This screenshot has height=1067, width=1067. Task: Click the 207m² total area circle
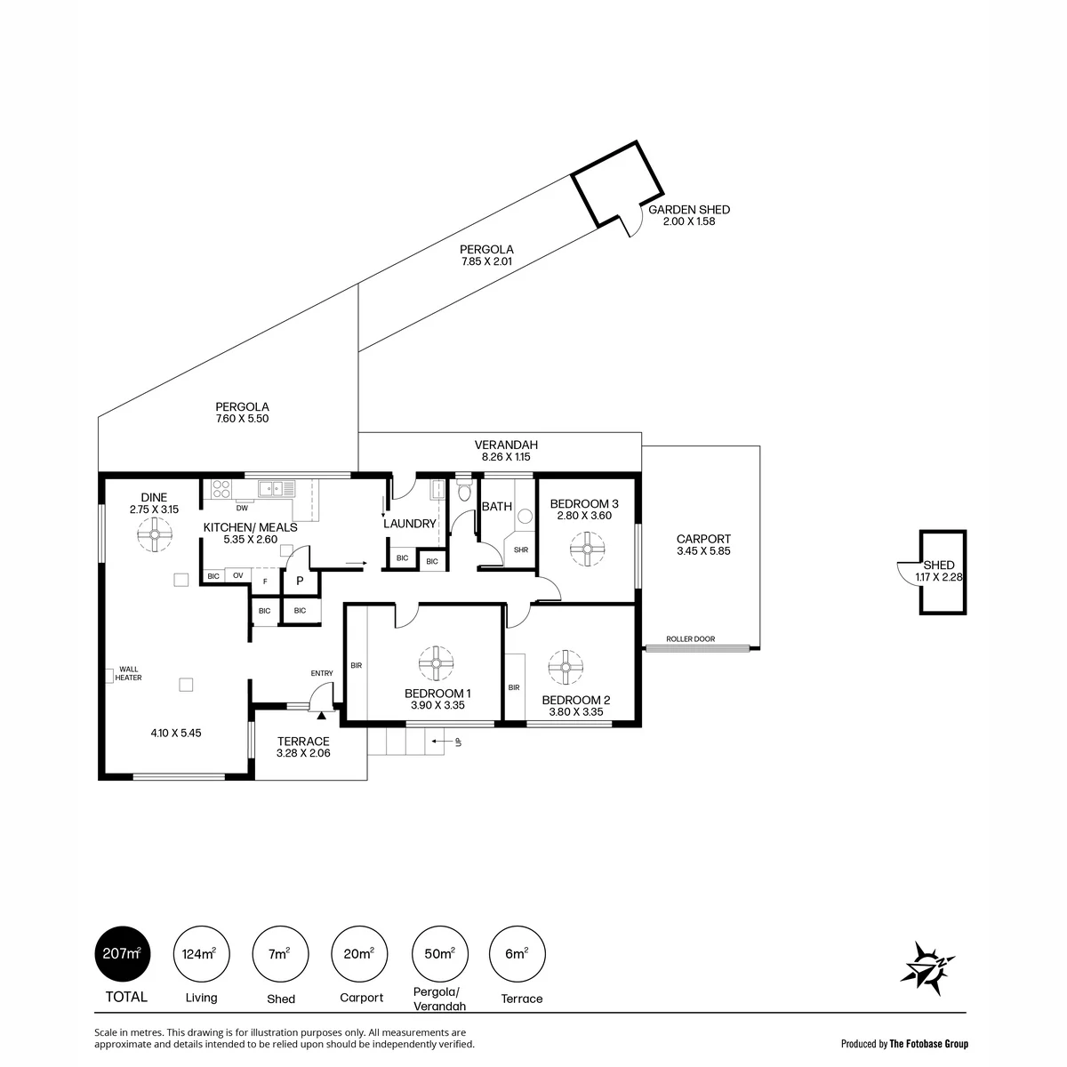123,954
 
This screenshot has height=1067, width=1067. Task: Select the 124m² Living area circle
201,954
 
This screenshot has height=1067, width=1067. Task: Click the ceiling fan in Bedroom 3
587,549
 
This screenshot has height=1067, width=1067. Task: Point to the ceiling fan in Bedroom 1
436,662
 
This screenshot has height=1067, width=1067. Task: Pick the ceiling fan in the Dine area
155,534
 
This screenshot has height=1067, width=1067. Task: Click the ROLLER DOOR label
690,638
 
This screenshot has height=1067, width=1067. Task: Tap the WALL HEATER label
128,673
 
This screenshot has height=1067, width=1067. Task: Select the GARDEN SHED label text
689,210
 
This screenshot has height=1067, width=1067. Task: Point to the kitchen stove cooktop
221,489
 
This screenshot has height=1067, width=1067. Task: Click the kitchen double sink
277,488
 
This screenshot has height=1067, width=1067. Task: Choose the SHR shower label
520,550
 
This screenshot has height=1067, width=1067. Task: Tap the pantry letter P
300,581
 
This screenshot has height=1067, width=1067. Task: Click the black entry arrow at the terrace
321,716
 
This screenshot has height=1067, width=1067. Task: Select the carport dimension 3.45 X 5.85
703,551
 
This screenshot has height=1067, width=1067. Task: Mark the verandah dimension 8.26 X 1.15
506,457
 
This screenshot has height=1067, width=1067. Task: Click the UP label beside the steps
458,742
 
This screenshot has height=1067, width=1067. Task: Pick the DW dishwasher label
242,508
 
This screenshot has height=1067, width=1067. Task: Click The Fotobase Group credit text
928,1044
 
